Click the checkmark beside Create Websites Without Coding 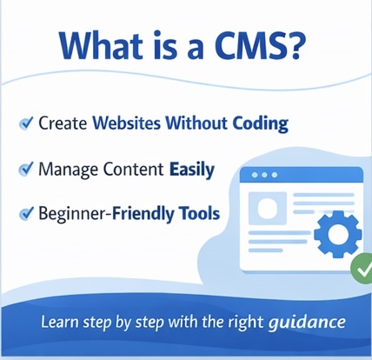tap(26, 123)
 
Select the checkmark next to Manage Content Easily tap(26, 168)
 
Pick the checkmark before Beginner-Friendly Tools tap(26, 212)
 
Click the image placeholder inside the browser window tap(267, 210)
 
